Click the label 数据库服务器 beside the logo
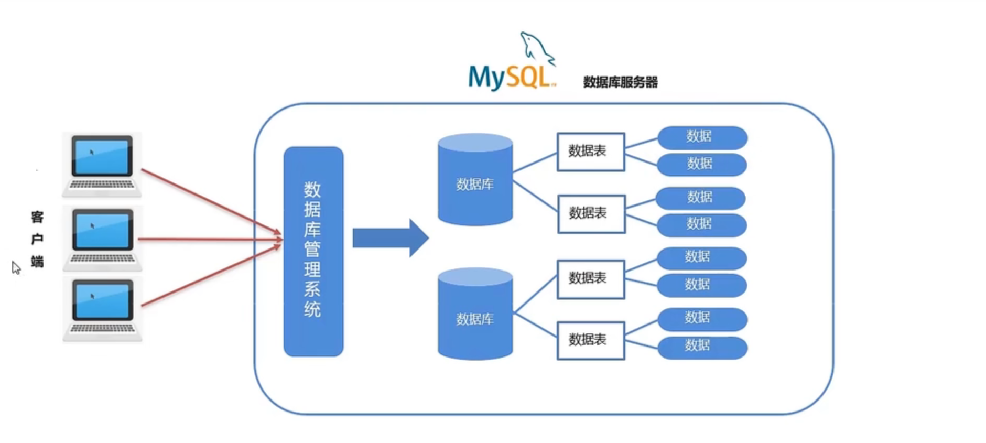coord(620,82)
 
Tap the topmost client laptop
coord(102,164)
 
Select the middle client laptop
coord(102,238)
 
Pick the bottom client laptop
coord(102,309)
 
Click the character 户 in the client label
coord(37,239)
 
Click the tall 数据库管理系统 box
coord(313,251)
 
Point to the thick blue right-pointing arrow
coord(390,238)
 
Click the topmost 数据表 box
coord(590,152)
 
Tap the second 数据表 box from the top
coord(591,213)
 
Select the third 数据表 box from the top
coord(590,279)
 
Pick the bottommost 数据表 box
coord(590,340)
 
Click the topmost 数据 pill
coord(702,137)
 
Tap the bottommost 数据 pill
coord(702,347)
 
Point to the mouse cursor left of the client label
coord(16,267)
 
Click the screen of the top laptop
coord(102,156)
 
